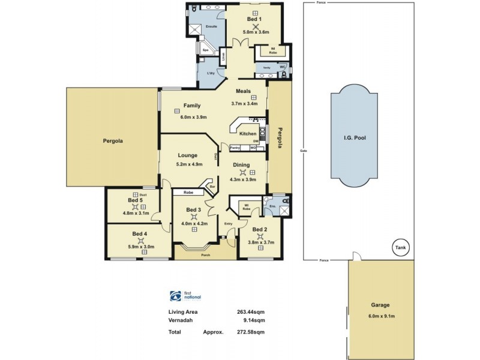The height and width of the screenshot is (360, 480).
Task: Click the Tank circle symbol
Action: point(400,246)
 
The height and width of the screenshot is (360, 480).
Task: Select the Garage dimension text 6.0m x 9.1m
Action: point(380,317)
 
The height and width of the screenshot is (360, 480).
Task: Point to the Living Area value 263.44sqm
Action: point(251,312)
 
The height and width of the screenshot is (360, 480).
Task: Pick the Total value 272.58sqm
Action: point(251,331)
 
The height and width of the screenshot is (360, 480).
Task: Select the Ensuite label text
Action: point(211,27)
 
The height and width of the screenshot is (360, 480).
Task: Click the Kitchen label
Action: point(248,134)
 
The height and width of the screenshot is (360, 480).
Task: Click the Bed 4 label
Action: point(140,233)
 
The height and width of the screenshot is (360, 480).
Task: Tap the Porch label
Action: point(205,255)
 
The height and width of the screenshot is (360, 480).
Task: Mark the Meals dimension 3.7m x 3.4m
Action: point(244,103)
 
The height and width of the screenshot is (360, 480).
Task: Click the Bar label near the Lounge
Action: point(212,187)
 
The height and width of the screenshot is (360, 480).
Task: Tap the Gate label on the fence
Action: point(304,150)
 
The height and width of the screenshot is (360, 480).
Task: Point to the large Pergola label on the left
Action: point(112,142)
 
